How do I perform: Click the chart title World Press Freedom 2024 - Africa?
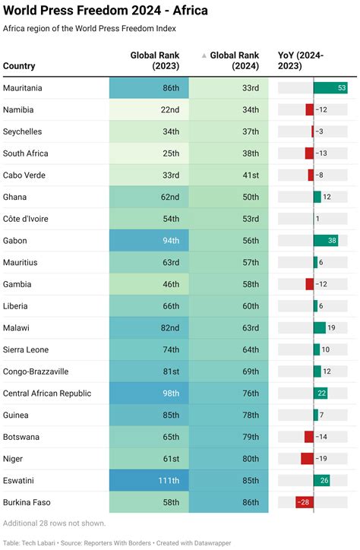pyautogui.click(x=106, y=11)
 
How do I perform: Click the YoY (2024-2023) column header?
pyautogui.click(x=311, y=60)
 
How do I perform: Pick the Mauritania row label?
pyautogui.click(x=23, y=88)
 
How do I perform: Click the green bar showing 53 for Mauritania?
pyautogui.click(x=330, y=88)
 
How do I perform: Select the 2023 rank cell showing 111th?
pyautogui.click(x=149, y=481)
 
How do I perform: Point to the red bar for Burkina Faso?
pyautogui.click(x=305, y=503)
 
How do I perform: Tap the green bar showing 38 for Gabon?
pyautogui.click(x=326, y=241)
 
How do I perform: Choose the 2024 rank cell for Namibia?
pyautogui.click(x=229, y=110)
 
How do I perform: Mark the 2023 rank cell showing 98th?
pyautogui.click(x=149, y=394)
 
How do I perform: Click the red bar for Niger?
pyautogui.click(x=307, y=459)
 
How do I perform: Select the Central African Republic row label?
pyautogui.click(x=47, y=394)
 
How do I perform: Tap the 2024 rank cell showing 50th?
pyautogui.click(x=229, y=198)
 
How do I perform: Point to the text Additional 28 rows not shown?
pyautogui.click(x=55, y=523)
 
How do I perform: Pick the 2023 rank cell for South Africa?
pyautogui.click(x=149, y=153)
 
